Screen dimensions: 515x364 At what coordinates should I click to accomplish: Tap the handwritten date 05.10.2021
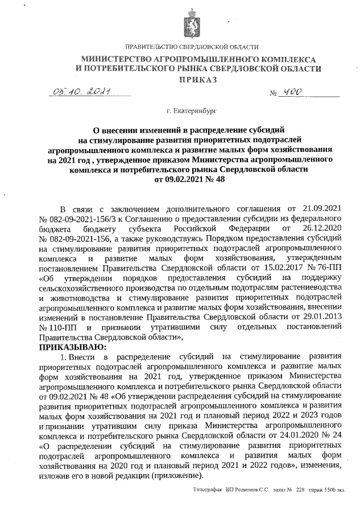80,92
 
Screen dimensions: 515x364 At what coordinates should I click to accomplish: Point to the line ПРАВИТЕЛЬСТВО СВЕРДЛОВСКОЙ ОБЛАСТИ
191,47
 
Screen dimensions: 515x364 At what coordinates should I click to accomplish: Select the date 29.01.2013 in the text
318,318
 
